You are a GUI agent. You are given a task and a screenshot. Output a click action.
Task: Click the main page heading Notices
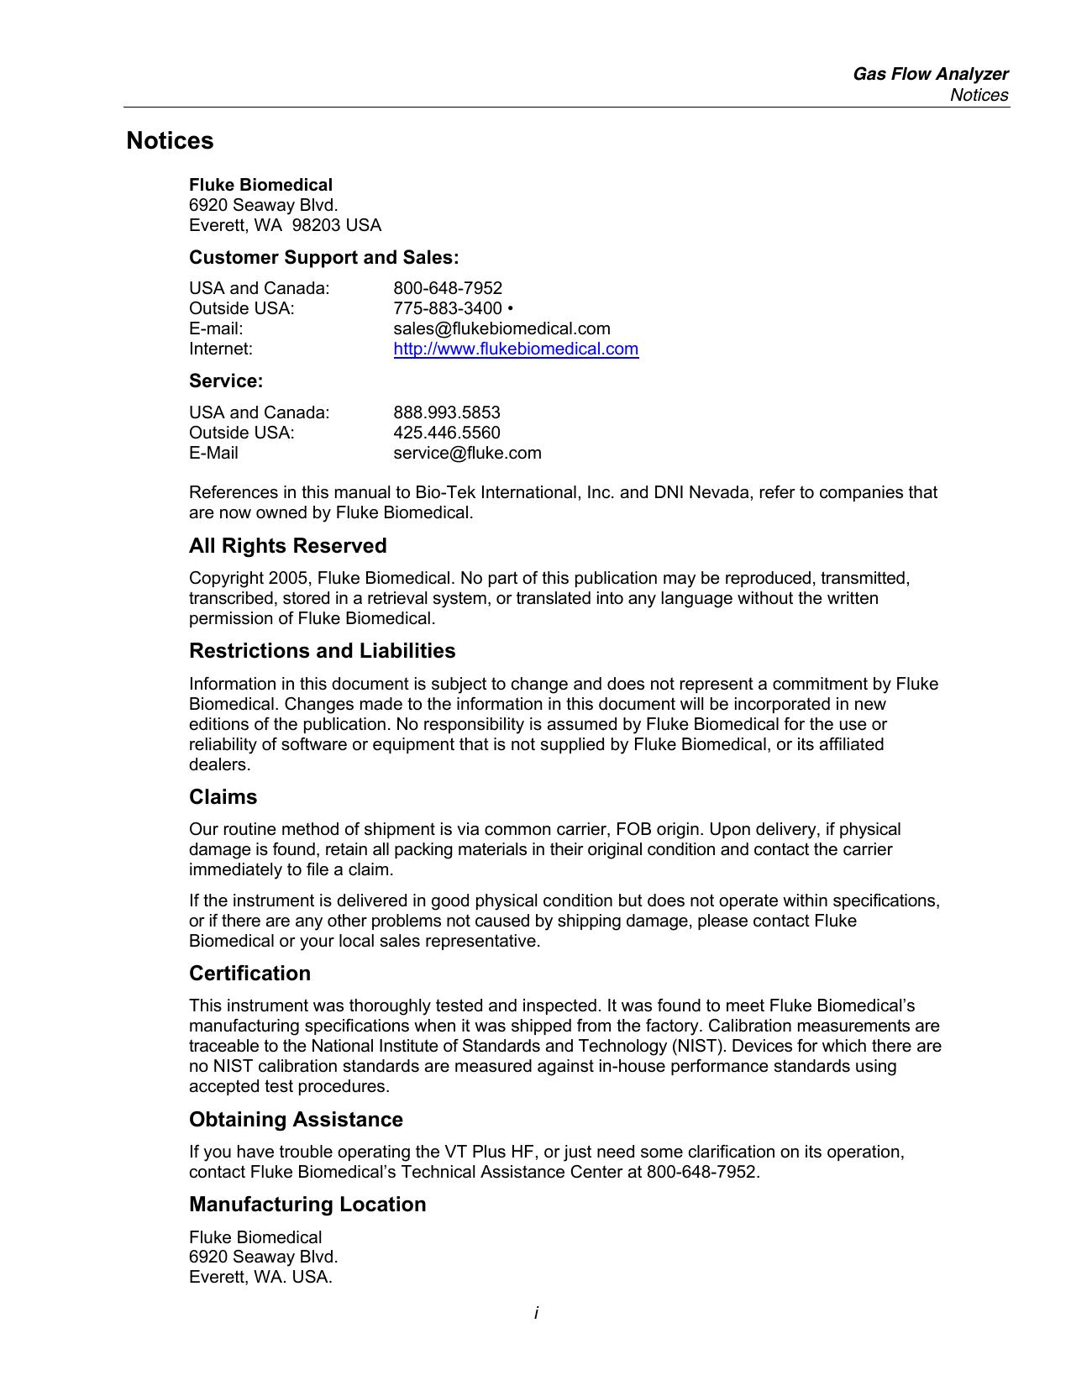[x=170, y=141]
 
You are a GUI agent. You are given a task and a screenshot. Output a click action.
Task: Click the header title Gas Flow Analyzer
[x=930, y=74]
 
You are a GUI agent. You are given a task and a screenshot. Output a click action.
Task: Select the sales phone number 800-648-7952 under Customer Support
[x=448, y=288]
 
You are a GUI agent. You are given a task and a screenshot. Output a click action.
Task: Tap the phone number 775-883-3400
[x=448, y=308]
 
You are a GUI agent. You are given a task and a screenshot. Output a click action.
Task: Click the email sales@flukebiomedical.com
[x=501, y=328]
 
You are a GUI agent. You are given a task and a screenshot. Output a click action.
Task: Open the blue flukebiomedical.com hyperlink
[x=516, y=349]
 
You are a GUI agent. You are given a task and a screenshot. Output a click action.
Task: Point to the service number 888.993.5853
[x=447, y=412]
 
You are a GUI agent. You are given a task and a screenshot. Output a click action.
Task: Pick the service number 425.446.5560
[x=447, y=433]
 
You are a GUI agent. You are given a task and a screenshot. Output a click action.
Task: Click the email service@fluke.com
[x=467, y=453]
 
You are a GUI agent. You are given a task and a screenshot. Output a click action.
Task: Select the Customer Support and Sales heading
[x=323, y=257]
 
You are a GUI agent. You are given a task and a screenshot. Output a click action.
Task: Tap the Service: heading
[x=226, y=381]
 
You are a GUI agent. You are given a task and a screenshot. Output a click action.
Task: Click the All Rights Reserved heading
[x=287, y=546]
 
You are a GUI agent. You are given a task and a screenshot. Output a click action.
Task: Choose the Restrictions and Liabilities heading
[x=322, y=651]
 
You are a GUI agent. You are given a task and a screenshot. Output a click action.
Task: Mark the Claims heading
[x=223, y=797]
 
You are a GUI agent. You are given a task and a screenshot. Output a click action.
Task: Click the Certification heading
[x=249, y=974]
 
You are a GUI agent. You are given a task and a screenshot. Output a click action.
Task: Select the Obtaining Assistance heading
[x=296, y=1120]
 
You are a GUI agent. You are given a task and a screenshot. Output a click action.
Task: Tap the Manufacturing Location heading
[x=307, y=1205]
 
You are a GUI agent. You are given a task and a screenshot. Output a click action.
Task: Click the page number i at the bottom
[x=536, y=1313]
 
